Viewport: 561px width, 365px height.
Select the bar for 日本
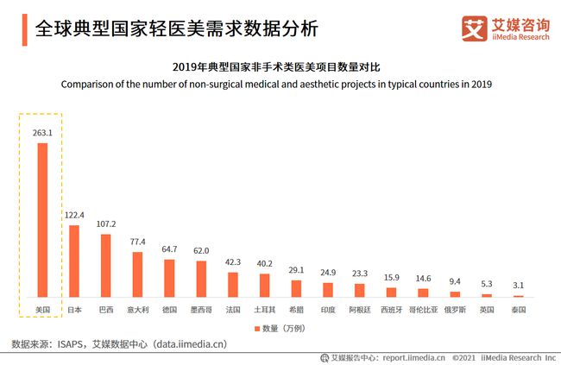(74, 261)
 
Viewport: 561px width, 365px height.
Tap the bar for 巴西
(105, 265)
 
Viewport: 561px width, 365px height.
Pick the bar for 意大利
(137, 274)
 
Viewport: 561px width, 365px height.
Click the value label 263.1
(42, 133)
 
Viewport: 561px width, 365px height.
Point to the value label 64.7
(169, 249)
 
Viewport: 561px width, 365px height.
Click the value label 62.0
(200, 251)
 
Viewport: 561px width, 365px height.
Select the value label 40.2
(264, 264)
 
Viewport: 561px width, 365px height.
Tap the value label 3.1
(518, 286)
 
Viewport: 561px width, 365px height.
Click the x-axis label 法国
(232, 308)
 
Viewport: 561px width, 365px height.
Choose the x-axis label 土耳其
(264, 308)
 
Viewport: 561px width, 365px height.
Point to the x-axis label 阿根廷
(359, 308)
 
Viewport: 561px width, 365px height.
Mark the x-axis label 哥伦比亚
(423, 308)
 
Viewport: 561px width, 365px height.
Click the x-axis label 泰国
(518, 308)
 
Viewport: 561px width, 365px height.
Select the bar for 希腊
(296, 288)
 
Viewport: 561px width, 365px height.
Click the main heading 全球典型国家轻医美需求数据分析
(176, 29)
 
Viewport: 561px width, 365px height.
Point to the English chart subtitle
(276, 85)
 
